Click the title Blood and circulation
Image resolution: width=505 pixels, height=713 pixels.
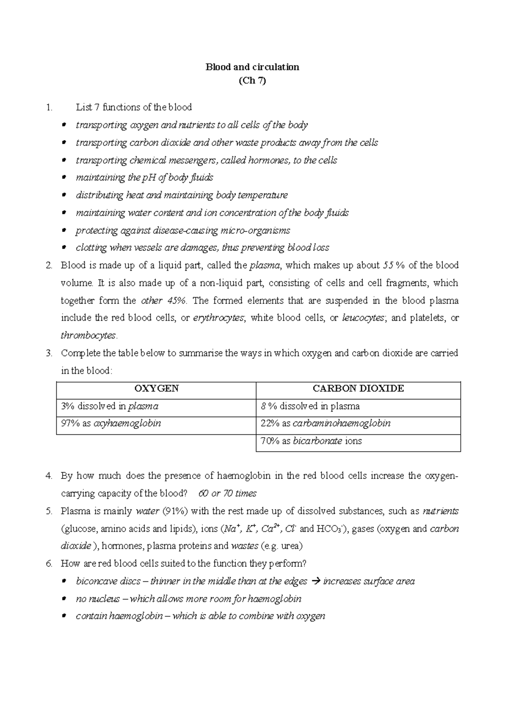coord(252,67)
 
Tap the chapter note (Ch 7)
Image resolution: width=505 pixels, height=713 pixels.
coord(252,81)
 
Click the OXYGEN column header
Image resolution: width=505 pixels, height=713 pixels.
coord(156,388)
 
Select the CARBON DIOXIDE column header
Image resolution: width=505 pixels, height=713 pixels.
coord(358,388)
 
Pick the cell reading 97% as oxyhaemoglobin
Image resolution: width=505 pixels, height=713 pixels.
coord(111,423)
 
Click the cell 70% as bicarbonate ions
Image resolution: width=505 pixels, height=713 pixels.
coord(311,441)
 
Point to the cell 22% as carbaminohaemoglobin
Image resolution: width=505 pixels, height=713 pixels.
coord(325,423)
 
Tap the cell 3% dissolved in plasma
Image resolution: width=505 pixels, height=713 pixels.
coord(109,406)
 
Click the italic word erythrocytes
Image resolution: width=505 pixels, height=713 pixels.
coord(218,318)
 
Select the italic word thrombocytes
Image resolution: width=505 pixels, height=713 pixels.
coord(88,336)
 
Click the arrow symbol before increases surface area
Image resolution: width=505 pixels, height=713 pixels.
coord(315,582)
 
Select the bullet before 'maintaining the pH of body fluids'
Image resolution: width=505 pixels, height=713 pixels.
coord(64,177)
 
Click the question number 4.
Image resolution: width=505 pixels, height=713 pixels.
coord(49,476)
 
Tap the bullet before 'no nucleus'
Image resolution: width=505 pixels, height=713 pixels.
coord(64,599)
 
